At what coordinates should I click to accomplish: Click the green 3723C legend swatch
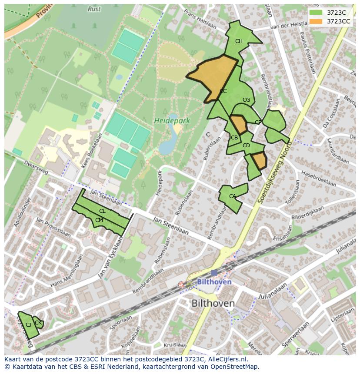click(316, 13)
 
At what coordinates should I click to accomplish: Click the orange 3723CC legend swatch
click(316, 21)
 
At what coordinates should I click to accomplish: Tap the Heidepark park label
click(172, 121)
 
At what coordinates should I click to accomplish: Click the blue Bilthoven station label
click(214, 282)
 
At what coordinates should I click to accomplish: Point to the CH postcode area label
click(239, 42)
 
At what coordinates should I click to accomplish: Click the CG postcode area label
click(246, 100)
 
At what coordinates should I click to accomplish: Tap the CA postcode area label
click(232, 196)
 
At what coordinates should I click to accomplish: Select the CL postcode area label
click(102, 211)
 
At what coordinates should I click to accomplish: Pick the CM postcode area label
click(99, 220)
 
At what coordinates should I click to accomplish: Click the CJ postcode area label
click(28, 324)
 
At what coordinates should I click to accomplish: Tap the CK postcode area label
click(38, 322)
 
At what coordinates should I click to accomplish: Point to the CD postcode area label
click(246, 146)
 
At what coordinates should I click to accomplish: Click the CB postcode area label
click(234, 138)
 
